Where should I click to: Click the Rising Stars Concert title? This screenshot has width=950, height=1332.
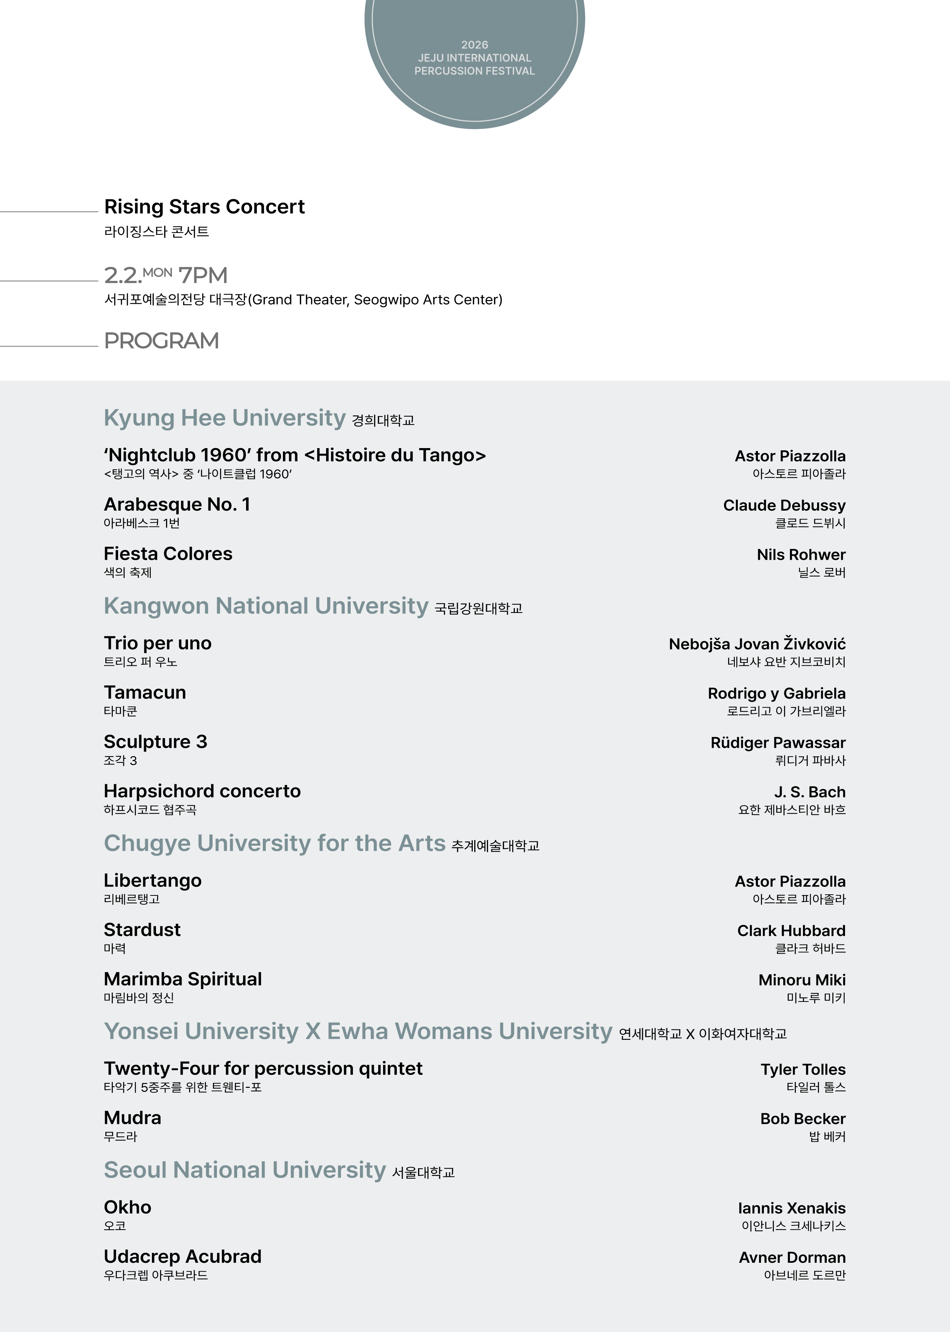point(204,207)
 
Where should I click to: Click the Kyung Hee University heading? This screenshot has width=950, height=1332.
point(224,418)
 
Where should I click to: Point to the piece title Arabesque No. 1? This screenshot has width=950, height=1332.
point(177,505)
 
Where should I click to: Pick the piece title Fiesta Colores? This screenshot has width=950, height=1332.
point(168,554)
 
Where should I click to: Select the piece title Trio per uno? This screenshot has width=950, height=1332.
point(157,643)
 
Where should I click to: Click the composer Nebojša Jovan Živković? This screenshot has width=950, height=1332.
point(757,644)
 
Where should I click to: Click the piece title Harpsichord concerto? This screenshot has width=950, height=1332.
point(202,791)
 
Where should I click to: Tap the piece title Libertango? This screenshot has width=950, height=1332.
point(152,881)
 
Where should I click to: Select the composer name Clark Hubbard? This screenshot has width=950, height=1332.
point(791,931)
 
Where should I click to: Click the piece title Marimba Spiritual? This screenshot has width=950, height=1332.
point(182,980)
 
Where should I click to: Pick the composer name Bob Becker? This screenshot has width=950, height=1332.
point(803,1119)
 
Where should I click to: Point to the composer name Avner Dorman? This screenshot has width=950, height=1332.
point(792,1258)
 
